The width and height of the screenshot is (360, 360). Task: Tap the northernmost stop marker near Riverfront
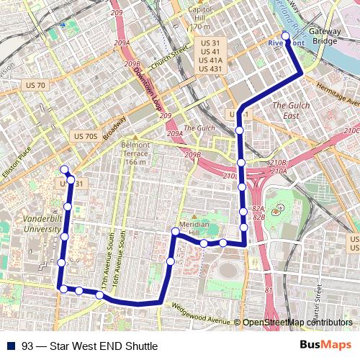(x=285, y=35)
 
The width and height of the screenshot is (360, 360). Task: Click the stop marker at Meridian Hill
(x=175, y=231)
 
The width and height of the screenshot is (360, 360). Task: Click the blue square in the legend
(x=12, y=346)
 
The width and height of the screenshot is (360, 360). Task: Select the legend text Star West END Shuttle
(x=89, y=346)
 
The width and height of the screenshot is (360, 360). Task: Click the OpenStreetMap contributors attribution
(x=299, y=323)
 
